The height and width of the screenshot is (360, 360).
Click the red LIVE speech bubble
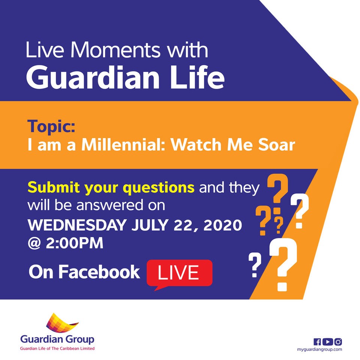(x=180, y=273)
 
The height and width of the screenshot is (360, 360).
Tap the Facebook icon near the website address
(x=317, y=342)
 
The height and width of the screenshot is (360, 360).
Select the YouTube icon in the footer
(x=328, y=342)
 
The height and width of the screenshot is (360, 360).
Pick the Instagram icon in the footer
(x=338, y=342)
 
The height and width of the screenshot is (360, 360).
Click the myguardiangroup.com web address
(x=319, y=349)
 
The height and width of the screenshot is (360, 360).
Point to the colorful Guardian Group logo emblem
(x=61, y=322)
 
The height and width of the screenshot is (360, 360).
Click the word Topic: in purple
(x=51, y=126)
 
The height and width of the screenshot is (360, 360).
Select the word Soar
(x=277, y=145)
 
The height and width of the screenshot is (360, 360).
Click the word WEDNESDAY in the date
(x=77, y=225)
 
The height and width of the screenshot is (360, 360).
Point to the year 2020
(x=223, y=225)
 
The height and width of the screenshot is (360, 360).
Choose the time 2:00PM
(x=75, y=243)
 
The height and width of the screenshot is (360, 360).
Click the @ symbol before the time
(x=34, y=243)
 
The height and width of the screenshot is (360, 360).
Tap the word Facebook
(x=99, y=272)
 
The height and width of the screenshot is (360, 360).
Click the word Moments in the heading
(x=115, y=50)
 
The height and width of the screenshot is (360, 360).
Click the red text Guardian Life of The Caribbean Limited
(x=57, y=348)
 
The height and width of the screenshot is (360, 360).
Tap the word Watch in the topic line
(x=196, y=145)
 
